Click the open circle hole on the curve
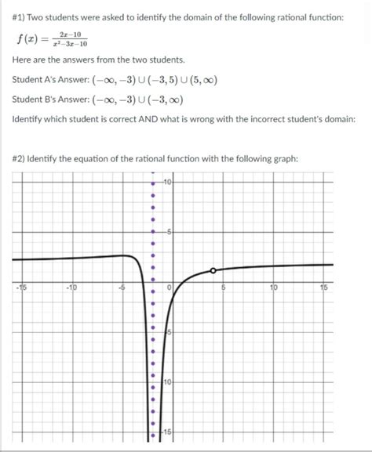tap(212, 270)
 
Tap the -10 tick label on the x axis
tap(72, 287)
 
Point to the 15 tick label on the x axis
tap(323, 287)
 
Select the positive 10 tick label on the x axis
tap(273, 287)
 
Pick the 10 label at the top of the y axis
tap(168, 183)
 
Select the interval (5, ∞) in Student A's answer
tap(198, 80)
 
